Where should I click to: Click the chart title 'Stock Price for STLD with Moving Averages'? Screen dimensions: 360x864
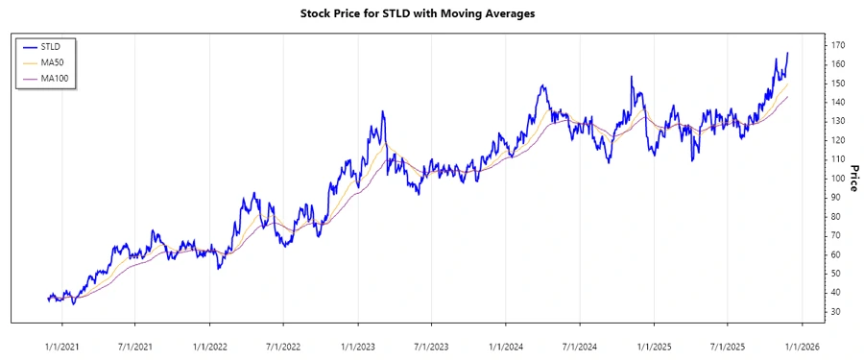[x=431, y=14]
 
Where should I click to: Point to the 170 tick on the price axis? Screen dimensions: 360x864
[x=838, y=45]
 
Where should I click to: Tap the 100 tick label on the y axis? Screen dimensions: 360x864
[x=838, y=179]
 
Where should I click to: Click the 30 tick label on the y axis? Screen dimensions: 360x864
[x=836, y=311]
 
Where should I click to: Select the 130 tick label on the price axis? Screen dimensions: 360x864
[x=838, y=121]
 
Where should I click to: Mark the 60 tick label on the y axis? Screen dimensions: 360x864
[x=836, y=254]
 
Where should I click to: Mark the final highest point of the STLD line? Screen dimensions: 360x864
[x=787, y=53]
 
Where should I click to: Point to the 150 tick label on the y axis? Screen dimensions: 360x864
[x=838, y=84]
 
